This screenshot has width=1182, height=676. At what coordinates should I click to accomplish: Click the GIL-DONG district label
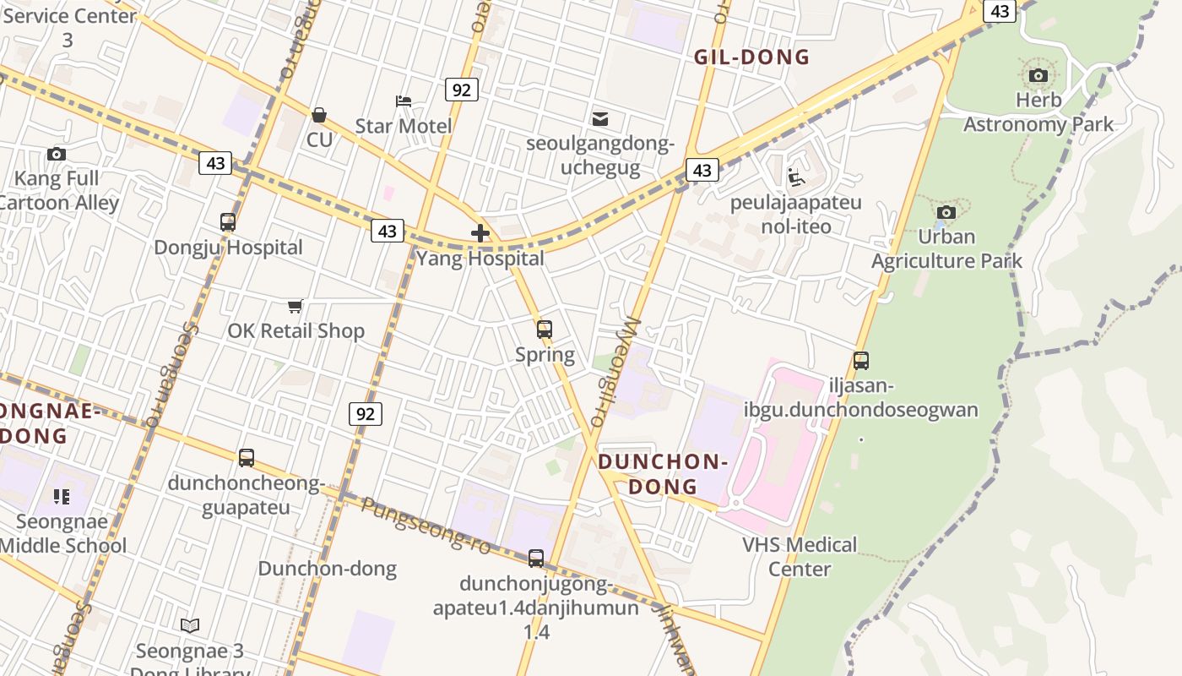click(x=751, y=57)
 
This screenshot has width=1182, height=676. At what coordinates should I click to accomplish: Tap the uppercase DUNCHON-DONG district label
click(x=663, y=474)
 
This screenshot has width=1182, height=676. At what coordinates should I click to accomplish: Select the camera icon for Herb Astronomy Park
click(x=1038, y=76)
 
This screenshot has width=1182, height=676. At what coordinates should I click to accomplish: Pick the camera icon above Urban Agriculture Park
click(x=946, y=212)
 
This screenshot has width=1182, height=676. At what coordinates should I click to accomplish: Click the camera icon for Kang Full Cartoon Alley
click(x=57, y=154)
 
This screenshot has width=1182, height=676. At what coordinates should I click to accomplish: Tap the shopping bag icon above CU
click(x=319, y=115)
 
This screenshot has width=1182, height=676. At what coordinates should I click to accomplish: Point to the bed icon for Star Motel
click(x=404, y=101)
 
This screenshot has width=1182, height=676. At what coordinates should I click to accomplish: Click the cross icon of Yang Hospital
click(x=480, y=233)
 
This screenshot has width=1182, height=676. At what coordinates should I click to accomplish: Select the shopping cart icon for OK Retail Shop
click(x=295, y=306)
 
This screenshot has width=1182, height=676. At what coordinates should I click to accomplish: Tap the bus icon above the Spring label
click(x=545, y=330)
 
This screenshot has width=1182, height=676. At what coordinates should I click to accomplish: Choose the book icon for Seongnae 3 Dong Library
click(x=190, y=625)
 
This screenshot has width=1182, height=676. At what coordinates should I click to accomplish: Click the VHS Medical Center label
click(x=800, y=556)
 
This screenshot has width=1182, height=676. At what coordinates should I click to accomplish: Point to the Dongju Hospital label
click(x=228, y=248)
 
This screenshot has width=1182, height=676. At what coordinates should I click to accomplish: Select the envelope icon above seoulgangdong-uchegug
click(x=600, y=118)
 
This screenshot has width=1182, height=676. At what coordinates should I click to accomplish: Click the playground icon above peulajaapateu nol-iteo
click(x=795, y=177)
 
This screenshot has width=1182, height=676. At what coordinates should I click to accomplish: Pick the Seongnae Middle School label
click(x=63, y=533)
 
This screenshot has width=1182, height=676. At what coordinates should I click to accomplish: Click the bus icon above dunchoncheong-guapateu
click(x=247, y=458)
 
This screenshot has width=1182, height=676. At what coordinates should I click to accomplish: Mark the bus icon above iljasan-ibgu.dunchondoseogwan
click(x=861, y=361)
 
